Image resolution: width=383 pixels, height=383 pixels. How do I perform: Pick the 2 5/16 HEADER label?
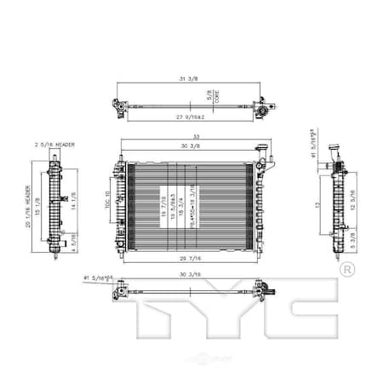[54, 145]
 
